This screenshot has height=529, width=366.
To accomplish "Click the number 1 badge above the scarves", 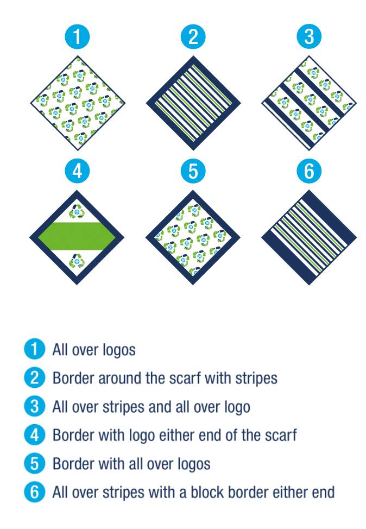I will [77, 37].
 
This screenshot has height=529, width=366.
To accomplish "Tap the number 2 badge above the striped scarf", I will [193, 37].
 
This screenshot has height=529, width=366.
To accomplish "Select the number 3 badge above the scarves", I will [309, 37].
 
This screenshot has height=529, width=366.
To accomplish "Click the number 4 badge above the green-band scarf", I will [77, 171].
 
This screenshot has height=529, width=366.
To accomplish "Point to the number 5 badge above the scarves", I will [193, 171].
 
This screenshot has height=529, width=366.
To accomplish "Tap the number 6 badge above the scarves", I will [309, 171].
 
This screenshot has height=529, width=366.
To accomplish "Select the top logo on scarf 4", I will [77, 210].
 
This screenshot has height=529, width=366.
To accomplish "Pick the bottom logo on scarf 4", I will [77, 263].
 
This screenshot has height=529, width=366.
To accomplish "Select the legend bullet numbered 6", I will [34, 492].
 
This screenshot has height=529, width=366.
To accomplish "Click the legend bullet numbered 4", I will [34, 435].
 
